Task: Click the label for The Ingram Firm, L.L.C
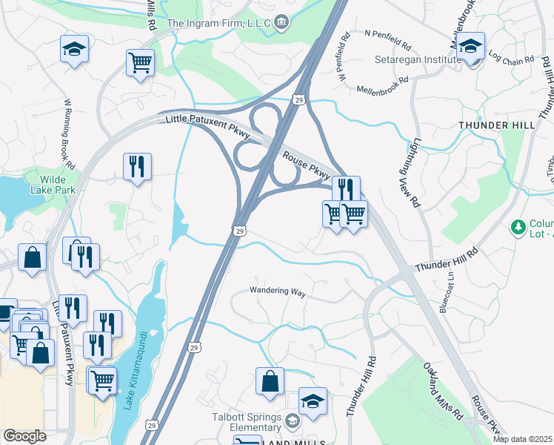[218, 23]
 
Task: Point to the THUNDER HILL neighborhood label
[496, 125]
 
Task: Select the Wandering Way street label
[278, 291]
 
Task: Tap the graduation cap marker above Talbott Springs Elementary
[313, 401]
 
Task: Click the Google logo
[24, 436]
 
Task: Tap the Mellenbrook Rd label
[383, 84]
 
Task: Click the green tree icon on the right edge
[519, 225]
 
